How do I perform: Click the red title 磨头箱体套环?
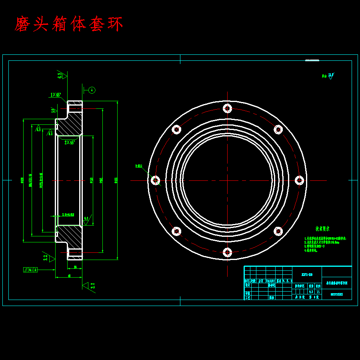click(69, 24)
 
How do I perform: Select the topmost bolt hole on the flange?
click(228, 108)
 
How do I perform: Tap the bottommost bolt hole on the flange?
click(228, 252)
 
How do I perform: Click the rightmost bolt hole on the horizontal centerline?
click(300, 180)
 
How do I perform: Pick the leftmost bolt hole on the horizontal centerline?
click(156, 180)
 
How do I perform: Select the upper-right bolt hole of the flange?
click(278, 129)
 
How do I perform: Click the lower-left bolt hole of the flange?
click(176, 231)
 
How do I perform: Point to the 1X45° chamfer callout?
click(56, 95)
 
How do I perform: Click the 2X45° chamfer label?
click(70, 142)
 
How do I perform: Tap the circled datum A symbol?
click(92, 90)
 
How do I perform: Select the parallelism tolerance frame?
click(30, 270)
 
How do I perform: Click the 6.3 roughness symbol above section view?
click(60, 75)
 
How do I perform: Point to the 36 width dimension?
click(75, 267)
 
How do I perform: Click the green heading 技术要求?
click(322, 229)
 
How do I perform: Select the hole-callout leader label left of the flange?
click(139, 166)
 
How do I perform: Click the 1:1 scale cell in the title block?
click(318, 292)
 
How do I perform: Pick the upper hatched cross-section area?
click(72, 124)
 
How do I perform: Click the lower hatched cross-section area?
click(72, 236)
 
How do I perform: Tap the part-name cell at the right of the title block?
click(337, 282)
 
